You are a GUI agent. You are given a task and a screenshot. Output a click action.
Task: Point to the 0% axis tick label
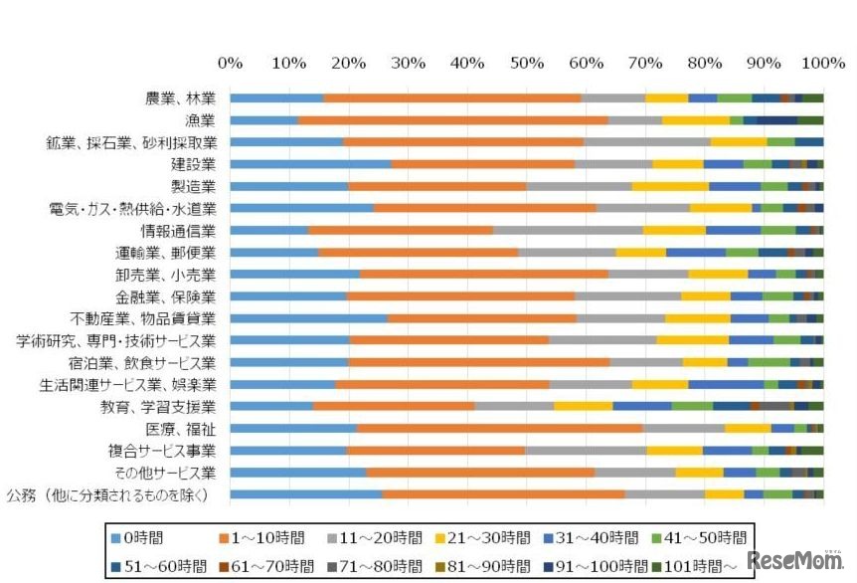pos(230,63)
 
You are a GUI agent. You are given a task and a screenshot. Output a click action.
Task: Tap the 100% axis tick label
pos(821,63)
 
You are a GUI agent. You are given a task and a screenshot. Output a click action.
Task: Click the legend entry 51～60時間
pos(151,565)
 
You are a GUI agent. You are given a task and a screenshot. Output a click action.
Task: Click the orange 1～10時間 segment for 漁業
pos(453,120)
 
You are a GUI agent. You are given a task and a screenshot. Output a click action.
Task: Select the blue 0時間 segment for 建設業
pos(310,164)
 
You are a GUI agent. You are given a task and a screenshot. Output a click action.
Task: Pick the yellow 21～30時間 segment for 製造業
pos(670,186)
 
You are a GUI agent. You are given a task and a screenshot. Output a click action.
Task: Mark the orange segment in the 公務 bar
pos(503,493)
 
